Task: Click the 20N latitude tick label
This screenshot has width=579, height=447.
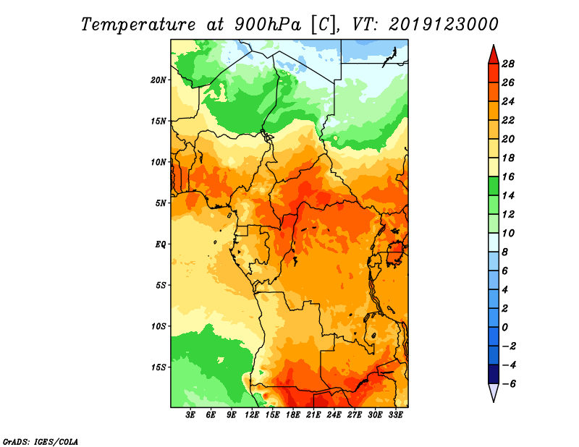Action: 159,80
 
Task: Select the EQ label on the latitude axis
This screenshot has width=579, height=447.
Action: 161,244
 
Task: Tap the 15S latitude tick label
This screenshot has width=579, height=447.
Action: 159,367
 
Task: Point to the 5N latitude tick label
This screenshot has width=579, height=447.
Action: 161,203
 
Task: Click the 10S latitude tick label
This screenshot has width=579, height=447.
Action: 159,326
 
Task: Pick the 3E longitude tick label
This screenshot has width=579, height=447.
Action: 191,415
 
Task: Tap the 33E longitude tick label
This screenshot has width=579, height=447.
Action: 396,415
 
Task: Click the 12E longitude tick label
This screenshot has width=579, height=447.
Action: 253,415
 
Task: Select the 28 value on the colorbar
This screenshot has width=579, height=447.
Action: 518,64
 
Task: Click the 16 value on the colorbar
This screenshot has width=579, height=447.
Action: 518,176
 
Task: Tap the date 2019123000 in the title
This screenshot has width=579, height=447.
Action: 443,24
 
